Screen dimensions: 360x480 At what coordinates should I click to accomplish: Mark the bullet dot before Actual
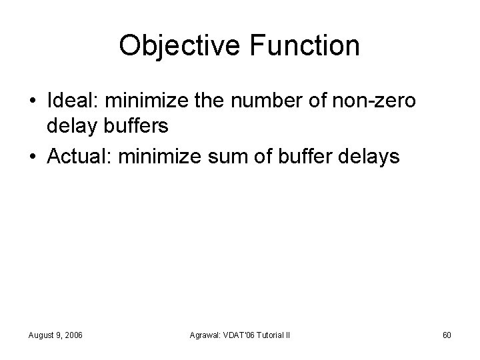33,157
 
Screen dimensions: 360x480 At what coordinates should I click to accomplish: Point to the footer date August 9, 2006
55,334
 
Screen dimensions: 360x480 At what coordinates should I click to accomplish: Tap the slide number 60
447,334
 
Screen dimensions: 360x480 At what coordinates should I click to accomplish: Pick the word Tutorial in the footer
269,334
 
